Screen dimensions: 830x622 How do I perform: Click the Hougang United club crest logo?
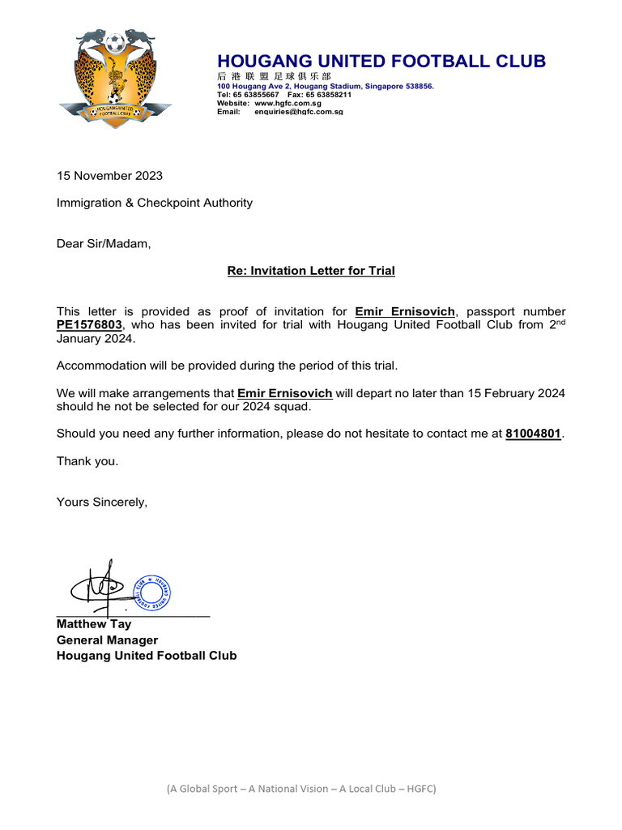click(114, 75)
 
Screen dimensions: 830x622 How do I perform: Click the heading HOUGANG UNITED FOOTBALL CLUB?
click(381, 62)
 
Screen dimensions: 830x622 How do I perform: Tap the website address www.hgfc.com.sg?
click(288, 104)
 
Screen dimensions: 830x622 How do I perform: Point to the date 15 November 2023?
click(109, 176)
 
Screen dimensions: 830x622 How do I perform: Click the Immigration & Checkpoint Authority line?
click(154, 203)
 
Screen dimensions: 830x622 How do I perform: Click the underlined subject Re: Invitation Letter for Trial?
click(311, 271)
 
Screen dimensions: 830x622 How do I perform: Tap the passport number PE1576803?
click(87, 325)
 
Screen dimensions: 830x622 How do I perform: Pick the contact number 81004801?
click(533, 434)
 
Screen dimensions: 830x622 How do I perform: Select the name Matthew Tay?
click(93, 624)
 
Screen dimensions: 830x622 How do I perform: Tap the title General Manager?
click(107, 640)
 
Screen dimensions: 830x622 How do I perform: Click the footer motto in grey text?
click(301, 788)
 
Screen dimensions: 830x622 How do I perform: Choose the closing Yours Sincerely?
click(102, 502)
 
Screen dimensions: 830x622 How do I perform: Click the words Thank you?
click(87, 461)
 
